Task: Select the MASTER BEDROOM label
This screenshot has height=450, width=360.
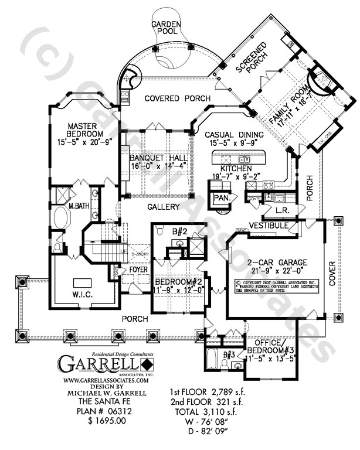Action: (x=85, y=130)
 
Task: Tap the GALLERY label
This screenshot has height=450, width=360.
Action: (x=160, y=207)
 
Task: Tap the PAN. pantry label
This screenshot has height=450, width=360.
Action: (x=220, y=198)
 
